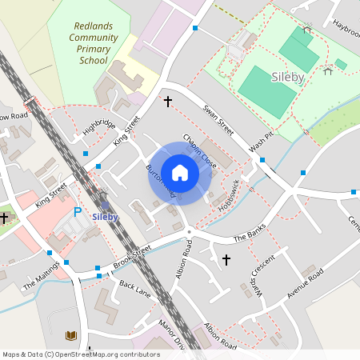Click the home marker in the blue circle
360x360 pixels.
point(179,173)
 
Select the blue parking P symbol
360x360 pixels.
point(78,212)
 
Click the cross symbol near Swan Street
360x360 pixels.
point(168,102)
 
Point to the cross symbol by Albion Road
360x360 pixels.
point(226,260)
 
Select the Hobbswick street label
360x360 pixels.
point(230,194)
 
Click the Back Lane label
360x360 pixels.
point(135,287)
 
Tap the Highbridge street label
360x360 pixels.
point(99,127)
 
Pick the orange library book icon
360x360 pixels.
point(71,334)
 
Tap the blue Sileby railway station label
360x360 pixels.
point(105,217)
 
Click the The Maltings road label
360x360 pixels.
point(42,274)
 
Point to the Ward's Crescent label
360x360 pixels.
point(262,274)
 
